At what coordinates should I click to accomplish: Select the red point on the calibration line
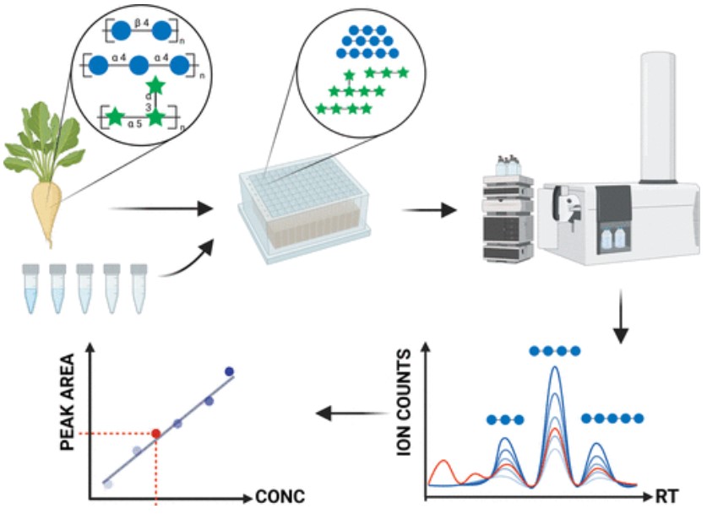click(155, 434)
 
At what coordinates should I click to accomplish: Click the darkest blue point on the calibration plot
click(229, 371)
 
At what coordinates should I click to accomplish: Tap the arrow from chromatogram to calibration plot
click(346, 413)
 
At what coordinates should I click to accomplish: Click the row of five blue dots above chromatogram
click(613, 418)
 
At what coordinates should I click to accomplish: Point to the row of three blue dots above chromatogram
click(506, 419)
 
